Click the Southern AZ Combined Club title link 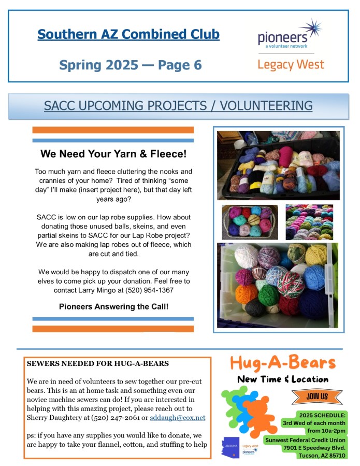pyautogui.click(x=128, y=35)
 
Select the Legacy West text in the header pyautogui.click(x=291, y=65)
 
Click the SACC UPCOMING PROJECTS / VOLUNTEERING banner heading pyautogui.click(x=178, y=106)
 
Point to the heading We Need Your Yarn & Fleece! pyautogui.click(x=113, y=154)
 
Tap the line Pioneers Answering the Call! pyautogui.click(x=113, y=306)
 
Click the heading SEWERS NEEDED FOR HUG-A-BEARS pyautogui.click(x=97, y=363)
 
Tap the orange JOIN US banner pyautogui.click(x=310, y=397)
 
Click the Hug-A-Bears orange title pyautogui.click(x=283, y=362)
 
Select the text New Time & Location pyautogui.click(x=283, y=379)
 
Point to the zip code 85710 pyautogui.click(x=335, y=456)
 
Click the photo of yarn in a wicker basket pyautogui.click(x=250, y=222)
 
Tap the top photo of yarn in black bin pyautogui.click(x=278, y=165)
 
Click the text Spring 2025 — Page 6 pyautogui.click(x=130, y=65)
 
